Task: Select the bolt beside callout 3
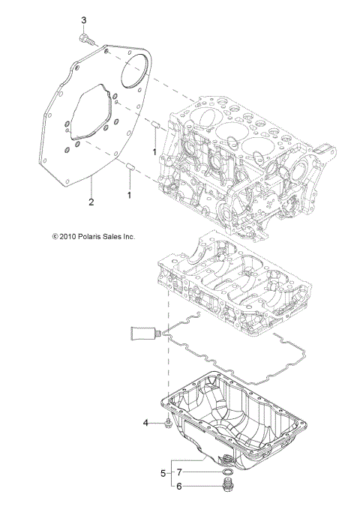point(85,37)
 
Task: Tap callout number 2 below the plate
point(91,202)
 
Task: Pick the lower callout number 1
point(129,194)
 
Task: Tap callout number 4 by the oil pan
point(146,424)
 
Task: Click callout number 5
point(163,474)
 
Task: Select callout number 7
point(179,474)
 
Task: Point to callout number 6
point(179,486)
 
